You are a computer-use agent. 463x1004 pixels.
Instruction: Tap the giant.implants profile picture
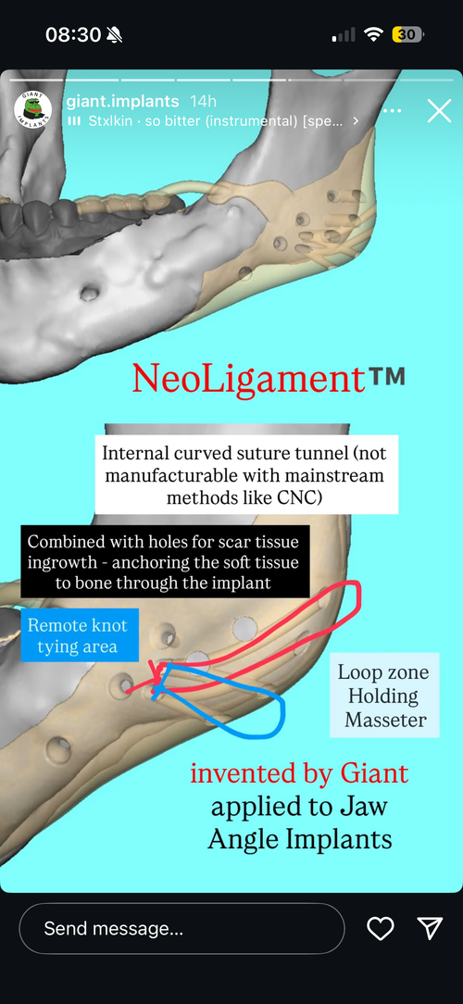[x=33, y=111]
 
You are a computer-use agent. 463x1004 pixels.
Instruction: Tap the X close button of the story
[x=439, y=111]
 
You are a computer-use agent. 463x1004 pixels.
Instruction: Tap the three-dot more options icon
[x=392, y=111]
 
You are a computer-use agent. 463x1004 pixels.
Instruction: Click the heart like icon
[x=380, y=928]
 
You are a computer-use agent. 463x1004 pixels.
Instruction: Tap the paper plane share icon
[x=430, y=928]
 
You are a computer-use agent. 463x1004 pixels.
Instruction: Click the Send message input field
[x=181, y=928]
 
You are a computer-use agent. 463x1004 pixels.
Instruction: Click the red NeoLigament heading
[x=248, y=378]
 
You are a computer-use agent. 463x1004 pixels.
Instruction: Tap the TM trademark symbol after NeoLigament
[x=387, y=375]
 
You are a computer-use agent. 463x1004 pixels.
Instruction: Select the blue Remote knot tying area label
[x=77, y=635]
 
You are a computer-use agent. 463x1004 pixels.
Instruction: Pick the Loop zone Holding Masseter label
[x=384, y=696]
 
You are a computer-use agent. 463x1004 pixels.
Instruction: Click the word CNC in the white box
[x=298, y=497]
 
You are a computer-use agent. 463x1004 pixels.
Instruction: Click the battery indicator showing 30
[x=408, y=34]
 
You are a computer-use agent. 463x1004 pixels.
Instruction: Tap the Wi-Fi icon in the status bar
[x=373, y=34]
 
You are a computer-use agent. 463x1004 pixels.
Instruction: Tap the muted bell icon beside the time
[x=115, y=34]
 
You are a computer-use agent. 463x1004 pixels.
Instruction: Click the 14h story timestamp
[x=204, y=102]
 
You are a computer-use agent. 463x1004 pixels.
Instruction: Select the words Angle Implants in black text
[x=300, y=839]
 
